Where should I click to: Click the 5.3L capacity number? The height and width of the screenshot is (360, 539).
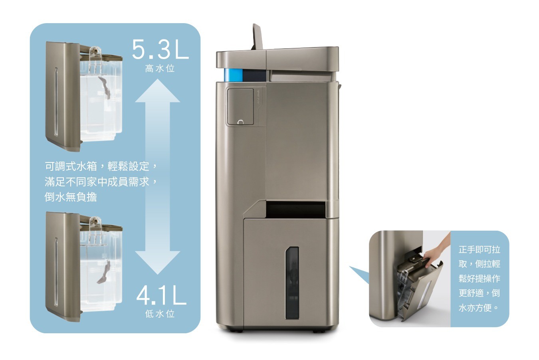tap(160, 49)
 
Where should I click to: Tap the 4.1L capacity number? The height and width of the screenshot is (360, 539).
tap(161, 296)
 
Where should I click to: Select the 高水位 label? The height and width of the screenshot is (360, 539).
tap(160, 69)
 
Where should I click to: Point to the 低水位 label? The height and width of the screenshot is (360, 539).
tap(160, 314)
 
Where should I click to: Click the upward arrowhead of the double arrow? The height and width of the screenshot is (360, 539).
tap(158, 91)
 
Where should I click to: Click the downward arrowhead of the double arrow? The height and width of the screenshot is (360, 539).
tap(158, 262)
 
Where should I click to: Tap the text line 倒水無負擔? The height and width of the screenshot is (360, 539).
tap(71, 197)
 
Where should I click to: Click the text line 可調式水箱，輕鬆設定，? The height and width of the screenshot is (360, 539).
tap(101, 166)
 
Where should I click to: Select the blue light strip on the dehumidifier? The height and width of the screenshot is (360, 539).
tap(233, 75)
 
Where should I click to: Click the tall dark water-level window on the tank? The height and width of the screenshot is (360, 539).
tap(292, 283)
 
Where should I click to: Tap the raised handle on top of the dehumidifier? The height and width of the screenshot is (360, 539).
tap(258, 37)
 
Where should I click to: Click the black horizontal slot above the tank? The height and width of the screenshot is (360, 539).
tap(296, 208)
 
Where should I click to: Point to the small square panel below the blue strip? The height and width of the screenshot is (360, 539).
tap(241, 107)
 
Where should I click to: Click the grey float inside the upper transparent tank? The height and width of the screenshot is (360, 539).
tap(105, 87)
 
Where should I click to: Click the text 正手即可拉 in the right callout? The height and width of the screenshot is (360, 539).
tap(480, 249)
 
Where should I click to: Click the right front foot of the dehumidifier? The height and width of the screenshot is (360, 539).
tap(317, 331)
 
